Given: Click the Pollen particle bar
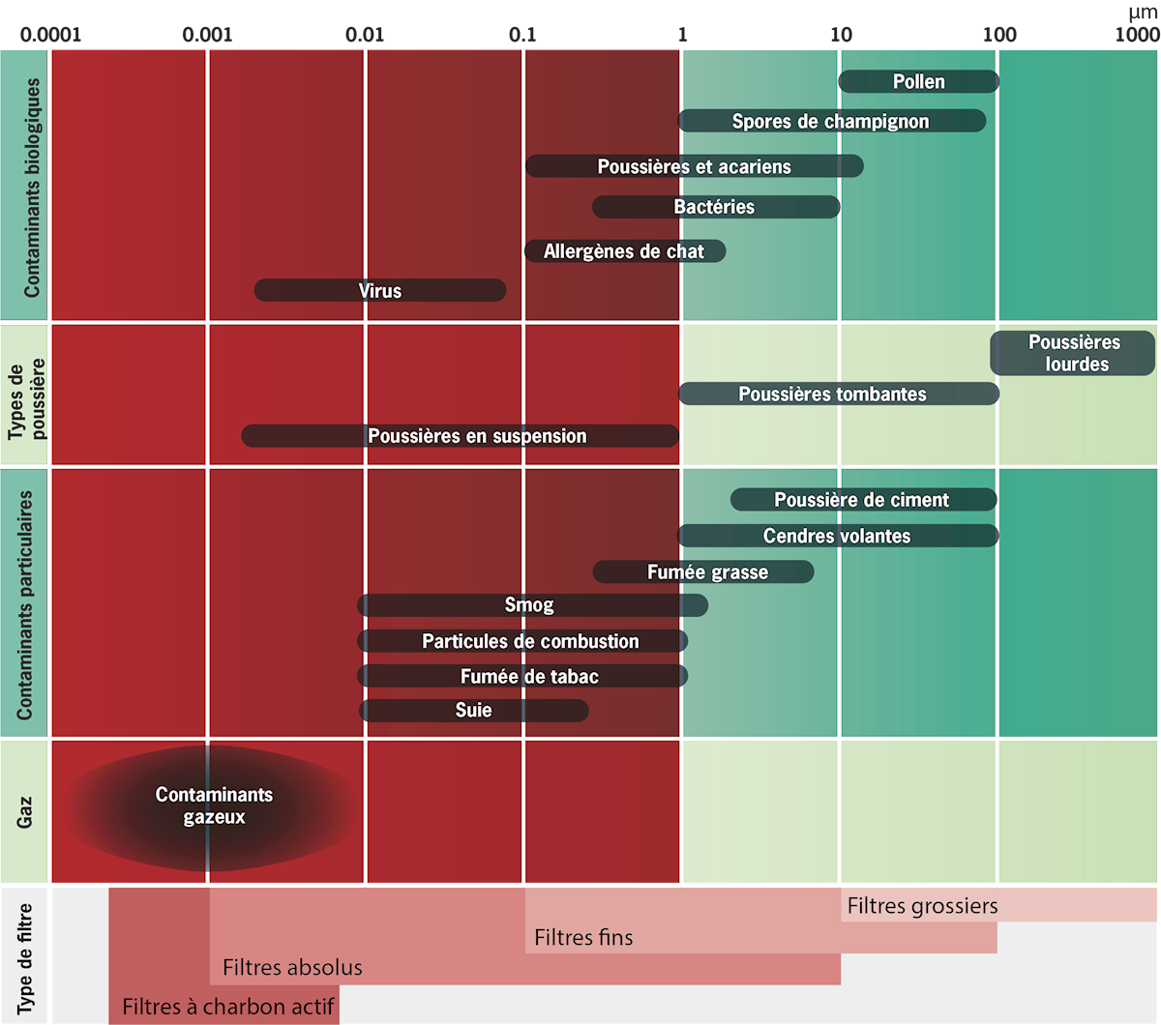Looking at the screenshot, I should coord(918,82).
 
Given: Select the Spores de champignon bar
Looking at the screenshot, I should coord(831,121).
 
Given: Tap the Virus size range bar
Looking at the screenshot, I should coord(379,290).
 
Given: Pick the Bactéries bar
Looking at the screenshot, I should coord(715,207).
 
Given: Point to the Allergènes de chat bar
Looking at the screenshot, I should coord(624,251).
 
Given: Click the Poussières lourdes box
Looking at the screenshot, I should coord(1074,353).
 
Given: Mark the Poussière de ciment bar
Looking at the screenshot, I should coord(862,500).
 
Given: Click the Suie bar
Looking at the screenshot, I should coord(474,711).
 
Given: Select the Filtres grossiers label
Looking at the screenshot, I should coord(922,906).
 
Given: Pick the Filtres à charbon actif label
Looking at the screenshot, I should coord(229,1008).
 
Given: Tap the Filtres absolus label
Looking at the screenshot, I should coord(292,967).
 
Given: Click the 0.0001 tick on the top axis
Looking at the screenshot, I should coord(52,35).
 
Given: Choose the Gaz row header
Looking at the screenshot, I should coord(25,812).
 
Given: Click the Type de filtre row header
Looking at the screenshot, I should coord(25,955).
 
